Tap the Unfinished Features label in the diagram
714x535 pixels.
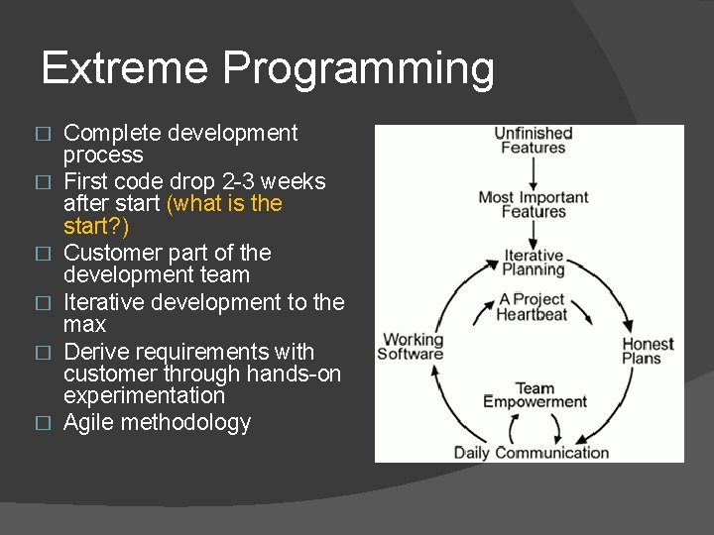tap(534, 141)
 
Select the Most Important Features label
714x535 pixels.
tap(534, 204)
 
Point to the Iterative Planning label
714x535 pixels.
tap(534, 262)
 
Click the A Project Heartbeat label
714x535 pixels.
tap(533, 307)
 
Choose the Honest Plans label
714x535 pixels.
tap(648, 352)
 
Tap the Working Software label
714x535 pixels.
tap(413, 347)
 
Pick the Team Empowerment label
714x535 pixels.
tap(535, 395)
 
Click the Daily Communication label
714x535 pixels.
tap(532, 453)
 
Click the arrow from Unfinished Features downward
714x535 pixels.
tap(534, 171)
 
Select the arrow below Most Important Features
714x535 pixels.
tap(534, 234)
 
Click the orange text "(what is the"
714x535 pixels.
tap(225, 204)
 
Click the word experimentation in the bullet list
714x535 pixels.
tap(144, 395)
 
